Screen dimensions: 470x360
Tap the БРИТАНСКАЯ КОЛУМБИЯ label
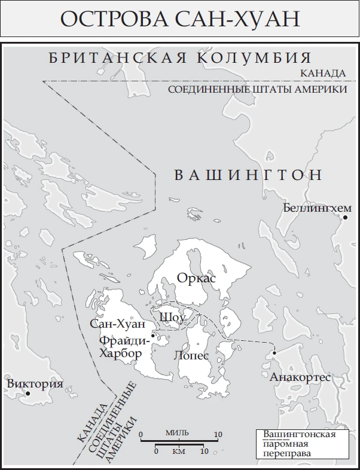pos(180,59)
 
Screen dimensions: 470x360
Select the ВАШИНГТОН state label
pos(248,175)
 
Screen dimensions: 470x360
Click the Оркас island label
pos(196,278)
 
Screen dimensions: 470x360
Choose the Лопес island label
pos(191,354)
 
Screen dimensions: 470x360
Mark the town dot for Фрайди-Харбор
pos(153,335)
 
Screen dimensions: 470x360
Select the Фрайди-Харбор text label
pos(121,347)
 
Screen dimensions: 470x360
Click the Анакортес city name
pos(300,378)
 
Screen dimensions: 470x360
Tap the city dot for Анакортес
pos(274,353)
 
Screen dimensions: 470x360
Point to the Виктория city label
pos(35,384)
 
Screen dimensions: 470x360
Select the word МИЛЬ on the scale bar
pos(179,433)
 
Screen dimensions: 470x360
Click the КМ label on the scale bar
pos(179,451)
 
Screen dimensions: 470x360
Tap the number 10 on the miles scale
pos(218,434)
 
